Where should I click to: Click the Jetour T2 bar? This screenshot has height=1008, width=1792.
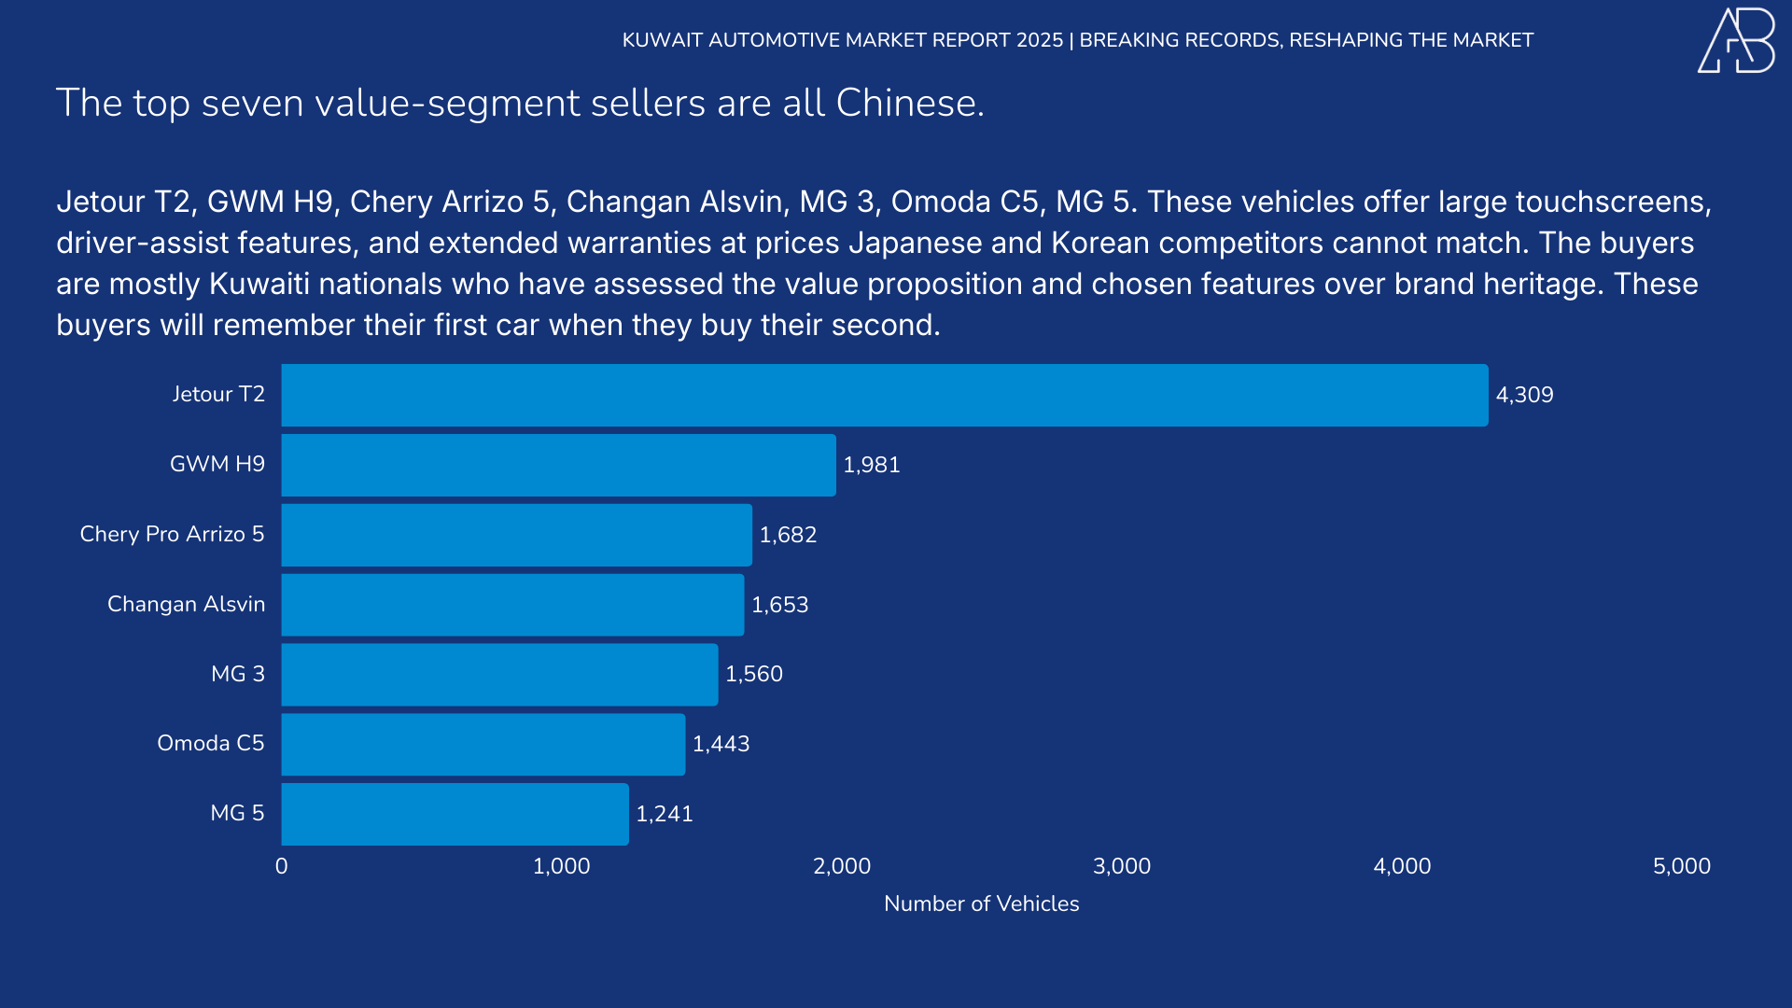884,395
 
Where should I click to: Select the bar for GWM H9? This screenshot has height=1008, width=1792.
558,465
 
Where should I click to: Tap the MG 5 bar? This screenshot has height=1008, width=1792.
455,814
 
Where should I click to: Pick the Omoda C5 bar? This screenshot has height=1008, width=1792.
483,744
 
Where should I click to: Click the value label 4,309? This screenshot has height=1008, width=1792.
1524,395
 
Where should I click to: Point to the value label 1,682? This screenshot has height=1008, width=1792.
788,535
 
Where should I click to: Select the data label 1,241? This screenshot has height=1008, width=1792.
665,814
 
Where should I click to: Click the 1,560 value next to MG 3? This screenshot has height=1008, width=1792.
754,674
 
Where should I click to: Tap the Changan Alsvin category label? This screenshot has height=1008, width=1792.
186,604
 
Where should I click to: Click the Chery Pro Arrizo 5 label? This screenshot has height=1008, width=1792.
172,534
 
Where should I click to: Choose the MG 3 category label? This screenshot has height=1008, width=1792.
237,674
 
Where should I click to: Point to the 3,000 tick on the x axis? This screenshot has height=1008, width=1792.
1121,866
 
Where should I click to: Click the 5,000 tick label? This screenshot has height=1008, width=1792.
1681,866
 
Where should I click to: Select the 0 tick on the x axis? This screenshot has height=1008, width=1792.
281,866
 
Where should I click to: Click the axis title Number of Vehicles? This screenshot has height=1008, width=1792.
981,903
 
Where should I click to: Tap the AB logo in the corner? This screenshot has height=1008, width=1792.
1736,40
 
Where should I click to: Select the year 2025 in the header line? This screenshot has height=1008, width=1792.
1040,40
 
